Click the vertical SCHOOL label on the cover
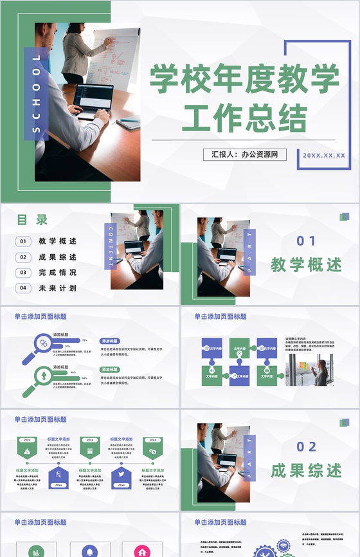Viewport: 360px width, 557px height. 36,94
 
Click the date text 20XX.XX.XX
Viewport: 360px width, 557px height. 324,156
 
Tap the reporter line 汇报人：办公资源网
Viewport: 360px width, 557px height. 245,155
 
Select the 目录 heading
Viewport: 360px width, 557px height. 32,220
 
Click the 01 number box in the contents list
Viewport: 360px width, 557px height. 24,242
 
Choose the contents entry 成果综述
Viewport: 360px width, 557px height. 57,257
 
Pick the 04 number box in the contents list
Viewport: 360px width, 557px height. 24,288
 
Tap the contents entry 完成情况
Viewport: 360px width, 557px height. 57,273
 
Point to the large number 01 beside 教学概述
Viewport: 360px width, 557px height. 306,241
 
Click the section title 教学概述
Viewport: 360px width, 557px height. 306,264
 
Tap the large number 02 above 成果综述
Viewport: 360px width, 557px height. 306,447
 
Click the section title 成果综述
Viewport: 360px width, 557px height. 306,470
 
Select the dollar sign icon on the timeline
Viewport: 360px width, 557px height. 152,452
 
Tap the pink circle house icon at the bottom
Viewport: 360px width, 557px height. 142,551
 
